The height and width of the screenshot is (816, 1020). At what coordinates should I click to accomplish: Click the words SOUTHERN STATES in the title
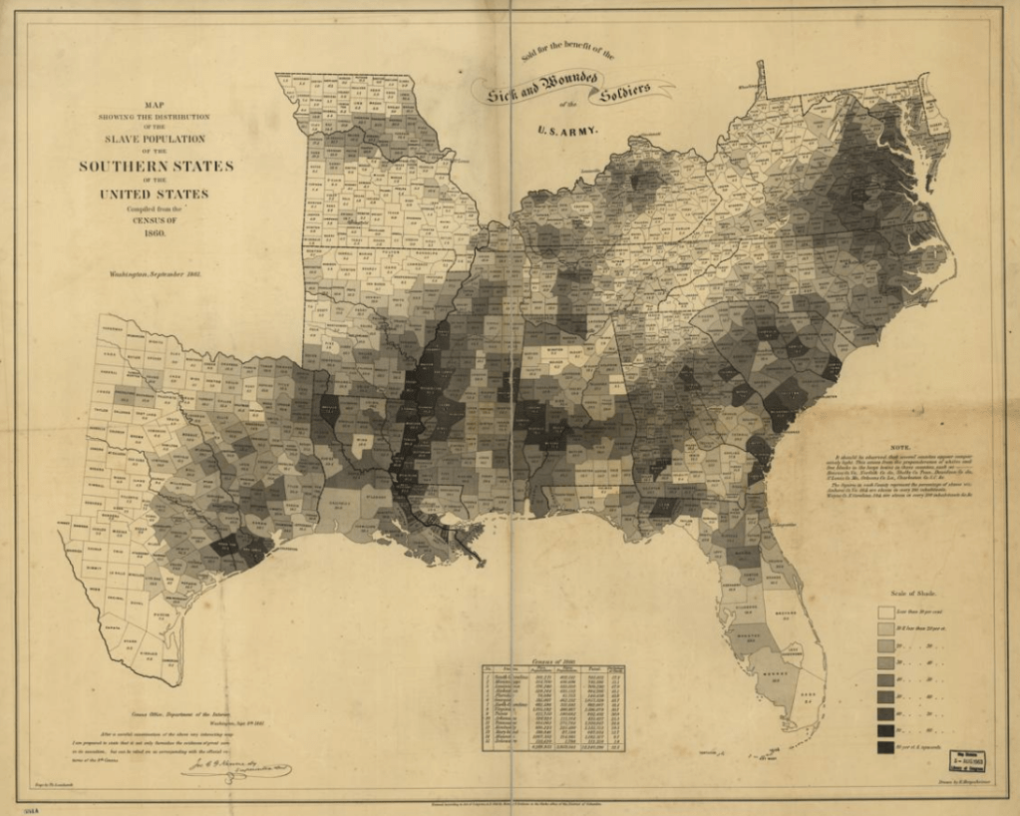(x=157, y=166)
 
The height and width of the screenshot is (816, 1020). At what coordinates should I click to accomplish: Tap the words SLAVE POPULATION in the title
(x=157, y=139)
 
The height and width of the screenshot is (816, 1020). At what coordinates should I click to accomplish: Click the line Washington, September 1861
(x=157, y=272)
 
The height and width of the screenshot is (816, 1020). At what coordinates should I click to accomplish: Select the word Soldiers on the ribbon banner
(x=623, y=92)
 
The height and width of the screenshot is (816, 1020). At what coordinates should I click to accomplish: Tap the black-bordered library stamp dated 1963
(x=967, y=763)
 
